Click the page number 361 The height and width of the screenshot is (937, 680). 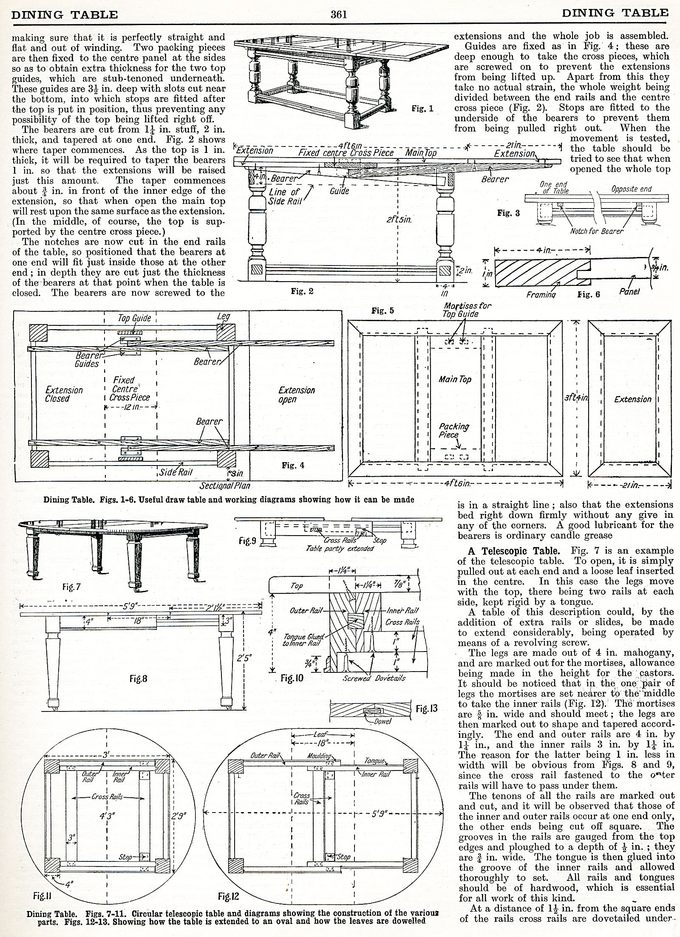click(340, 14)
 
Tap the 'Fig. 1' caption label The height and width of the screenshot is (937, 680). click(422, 109)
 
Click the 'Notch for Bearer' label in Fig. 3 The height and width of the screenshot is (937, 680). click(597, 231)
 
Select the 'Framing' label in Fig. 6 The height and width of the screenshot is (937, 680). click(541, 294)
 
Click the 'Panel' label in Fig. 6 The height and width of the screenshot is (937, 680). click(629, 292)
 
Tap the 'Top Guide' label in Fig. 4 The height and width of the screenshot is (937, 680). click(134, 318)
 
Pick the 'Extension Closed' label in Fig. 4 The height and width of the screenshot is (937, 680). click(64, 394)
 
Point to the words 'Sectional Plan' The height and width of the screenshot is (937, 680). click(225, 485)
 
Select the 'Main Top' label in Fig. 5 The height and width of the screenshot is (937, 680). click(455, 379)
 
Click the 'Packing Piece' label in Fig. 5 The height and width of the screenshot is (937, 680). click(453, 430)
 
